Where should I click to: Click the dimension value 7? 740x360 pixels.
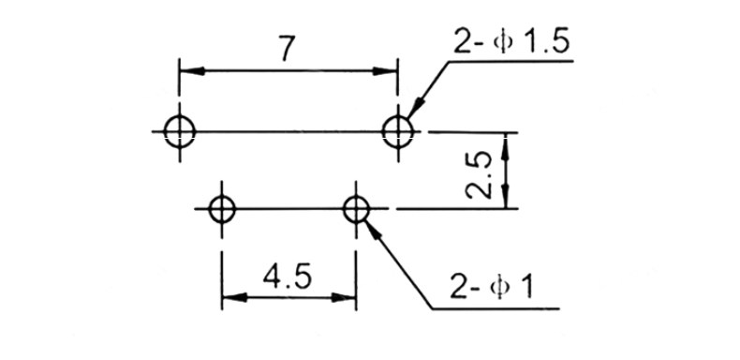288,48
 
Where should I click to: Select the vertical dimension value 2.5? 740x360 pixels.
478,175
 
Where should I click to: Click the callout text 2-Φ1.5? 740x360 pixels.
511,41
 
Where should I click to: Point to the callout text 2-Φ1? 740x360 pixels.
491,286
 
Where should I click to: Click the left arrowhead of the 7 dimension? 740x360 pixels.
192,71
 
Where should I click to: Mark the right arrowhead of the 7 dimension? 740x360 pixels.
385,71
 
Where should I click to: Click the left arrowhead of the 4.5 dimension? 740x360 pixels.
234,297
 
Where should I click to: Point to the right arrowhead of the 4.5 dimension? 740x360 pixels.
344,297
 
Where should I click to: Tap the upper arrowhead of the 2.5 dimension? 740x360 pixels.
506,146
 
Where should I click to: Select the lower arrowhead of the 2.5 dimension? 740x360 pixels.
506,196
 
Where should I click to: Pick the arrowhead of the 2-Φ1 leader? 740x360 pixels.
373,230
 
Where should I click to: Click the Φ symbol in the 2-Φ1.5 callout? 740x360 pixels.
502,42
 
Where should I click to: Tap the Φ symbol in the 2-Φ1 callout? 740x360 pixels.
498,287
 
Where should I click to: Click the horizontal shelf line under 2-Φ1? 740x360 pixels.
496,309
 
